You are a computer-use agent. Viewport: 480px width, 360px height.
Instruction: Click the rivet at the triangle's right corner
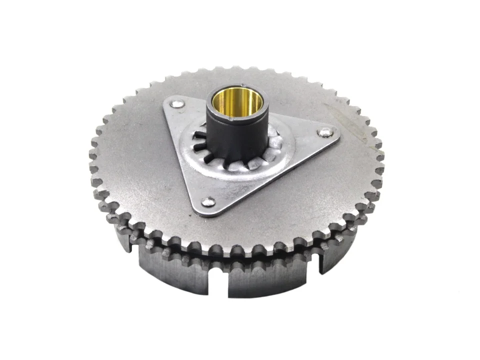click(x=325, y=132)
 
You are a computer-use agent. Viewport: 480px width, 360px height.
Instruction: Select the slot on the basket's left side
click(x=131, y=245)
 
